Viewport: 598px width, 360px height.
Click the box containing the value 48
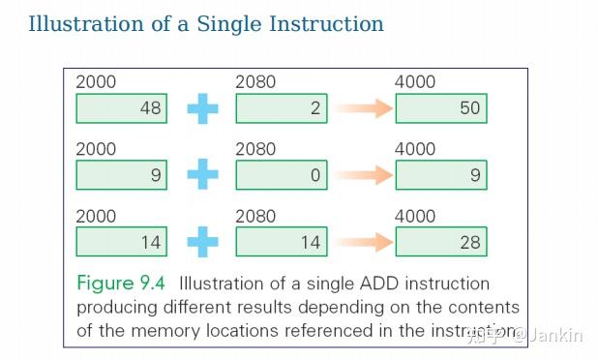pyautogui.click(x=121, y=108)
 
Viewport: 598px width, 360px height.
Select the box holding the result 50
pyautogui.click(x=439, y=108)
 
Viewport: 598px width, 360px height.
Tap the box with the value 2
pyautogui.click(x=281, y=108)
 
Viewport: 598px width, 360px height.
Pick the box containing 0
pyautogui.click(x=281, y=175)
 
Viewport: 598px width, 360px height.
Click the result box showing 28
pyautogui.click(x=439, y=242)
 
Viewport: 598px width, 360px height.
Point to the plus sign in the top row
pyautogui.click(x=201, y=108)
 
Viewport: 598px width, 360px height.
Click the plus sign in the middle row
pyautogui.click(x=201, y=175)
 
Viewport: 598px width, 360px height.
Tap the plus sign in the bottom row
pyautogui.click(x=201, y=242)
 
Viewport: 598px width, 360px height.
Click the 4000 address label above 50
pyautogui.click(x=415, y=82)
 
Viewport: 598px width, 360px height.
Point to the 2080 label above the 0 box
pyautogui.click(x=255, y=149)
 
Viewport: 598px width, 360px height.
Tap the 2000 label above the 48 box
pyautogui.click(x=96, y=82)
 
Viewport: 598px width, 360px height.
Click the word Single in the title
pyautogui.click(x=250, y=23)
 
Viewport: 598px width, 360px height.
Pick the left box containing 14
pyautogui.click(x=121, y=242)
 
